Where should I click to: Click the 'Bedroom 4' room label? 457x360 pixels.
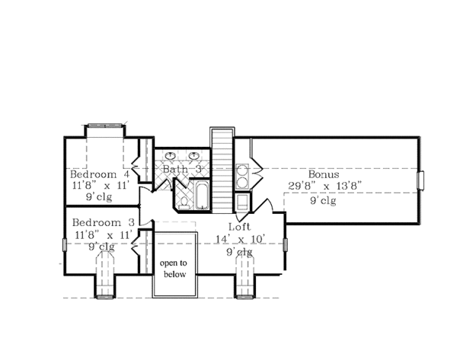(x=98, y=174)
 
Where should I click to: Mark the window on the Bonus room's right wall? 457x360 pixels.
(x=421, y=180)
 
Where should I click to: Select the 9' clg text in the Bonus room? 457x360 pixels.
(x=324, y=202)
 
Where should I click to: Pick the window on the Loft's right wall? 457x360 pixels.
(x=286, y=244)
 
